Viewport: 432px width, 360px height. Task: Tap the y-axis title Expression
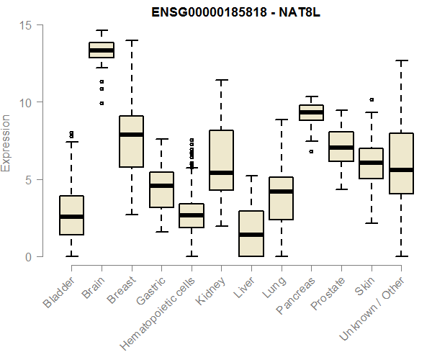pos(7,143)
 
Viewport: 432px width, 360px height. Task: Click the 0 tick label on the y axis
pos(27,257)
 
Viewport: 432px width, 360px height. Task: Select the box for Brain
pos(102,50)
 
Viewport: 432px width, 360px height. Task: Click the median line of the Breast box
pos(131,135)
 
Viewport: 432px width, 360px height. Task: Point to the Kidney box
pos(220,161)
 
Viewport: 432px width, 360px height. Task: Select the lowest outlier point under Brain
pos(102,103)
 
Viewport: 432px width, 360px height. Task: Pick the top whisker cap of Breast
pos(131,40)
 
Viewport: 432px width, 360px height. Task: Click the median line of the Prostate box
pos(341,148)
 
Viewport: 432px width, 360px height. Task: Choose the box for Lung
pos(281,198)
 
